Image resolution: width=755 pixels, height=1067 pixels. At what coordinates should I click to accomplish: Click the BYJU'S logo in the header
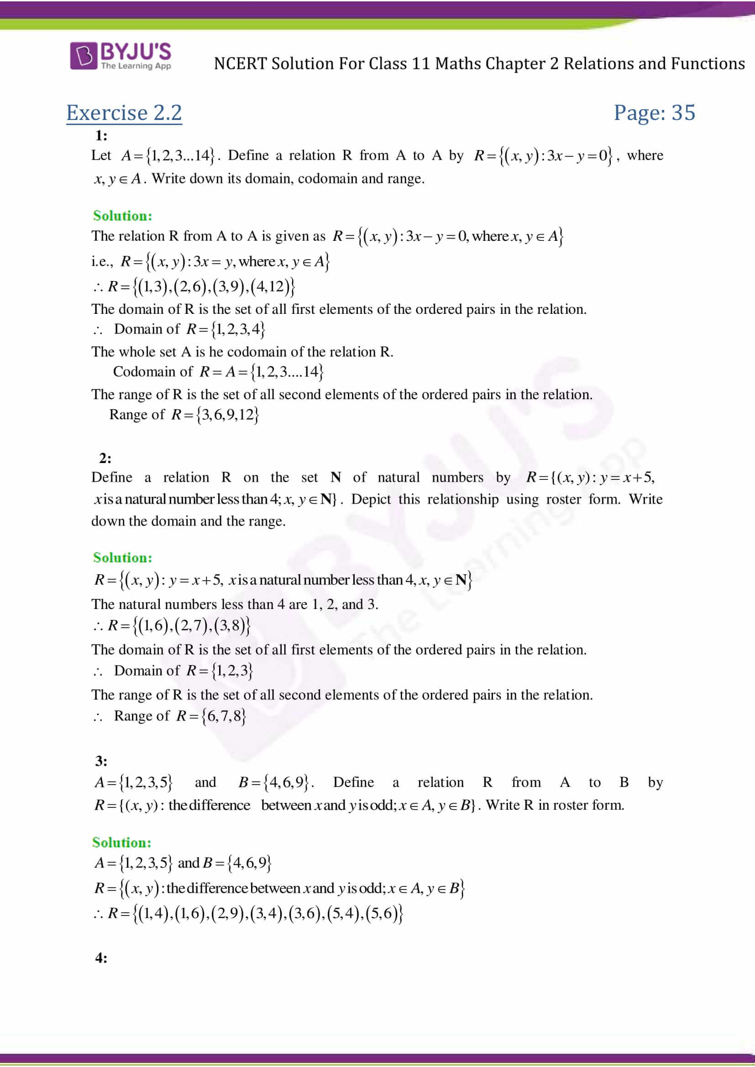click(121, 56)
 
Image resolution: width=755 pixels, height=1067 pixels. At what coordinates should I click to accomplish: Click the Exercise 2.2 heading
click(124, 113)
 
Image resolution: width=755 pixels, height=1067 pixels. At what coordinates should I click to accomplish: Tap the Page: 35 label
click(654, 113)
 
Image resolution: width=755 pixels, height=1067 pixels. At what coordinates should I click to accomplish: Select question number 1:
click(101, 135)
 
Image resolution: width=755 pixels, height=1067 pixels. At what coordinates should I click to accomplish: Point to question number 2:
click(105, 458)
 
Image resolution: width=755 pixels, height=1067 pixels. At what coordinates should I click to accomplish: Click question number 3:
click(101, 761)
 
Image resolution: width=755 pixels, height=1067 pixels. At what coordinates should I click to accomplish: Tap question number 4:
click(101, 958)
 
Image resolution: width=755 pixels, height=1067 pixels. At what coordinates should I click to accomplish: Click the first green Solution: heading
click(123, 216)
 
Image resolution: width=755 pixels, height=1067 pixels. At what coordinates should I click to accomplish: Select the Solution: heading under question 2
click(123, 557)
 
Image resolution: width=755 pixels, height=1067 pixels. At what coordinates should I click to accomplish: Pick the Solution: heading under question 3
click(122, 843)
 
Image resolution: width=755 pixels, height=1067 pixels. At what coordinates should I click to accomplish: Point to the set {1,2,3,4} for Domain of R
click(238, 329)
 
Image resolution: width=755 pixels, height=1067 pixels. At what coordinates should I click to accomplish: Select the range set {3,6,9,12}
click(227, 415)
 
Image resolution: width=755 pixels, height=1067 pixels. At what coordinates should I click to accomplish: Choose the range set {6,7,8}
click(224, 716)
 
